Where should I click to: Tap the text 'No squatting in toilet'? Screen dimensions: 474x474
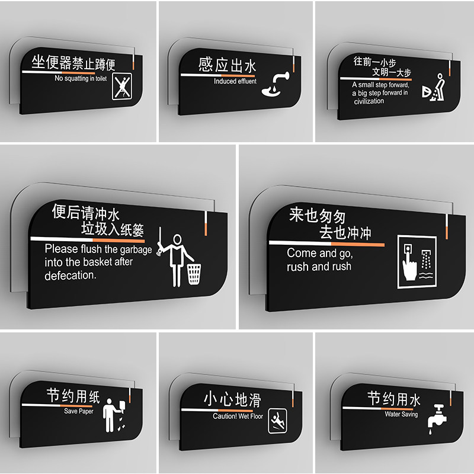[81, 78]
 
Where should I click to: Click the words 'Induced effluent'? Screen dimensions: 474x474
[235, 81]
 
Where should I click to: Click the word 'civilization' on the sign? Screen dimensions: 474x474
[369, 101]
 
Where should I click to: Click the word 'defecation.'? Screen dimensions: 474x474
[70, 276]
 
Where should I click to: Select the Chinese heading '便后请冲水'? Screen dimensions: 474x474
[86, 212]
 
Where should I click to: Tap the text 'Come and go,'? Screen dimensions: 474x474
[320, 253]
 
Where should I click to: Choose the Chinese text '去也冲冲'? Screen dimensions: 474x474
[345, 233]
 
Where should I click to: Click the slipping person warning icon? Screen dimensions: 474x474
[277, 419]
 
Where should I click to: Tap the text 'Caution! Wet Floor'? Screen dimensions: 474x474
[238, 417]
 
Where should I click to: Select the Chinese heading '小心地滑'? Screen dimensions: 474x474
[232, 399]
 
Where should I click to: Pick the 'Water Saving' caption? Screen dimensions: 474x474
[401, 414]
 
